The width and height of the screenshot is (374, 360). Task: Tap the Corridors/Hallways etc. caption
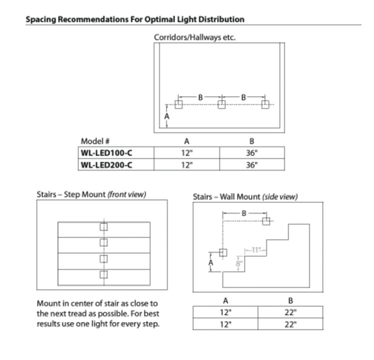click(x=194, y=37)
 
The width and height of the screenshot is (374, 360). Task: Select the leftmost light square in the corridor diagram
click(x=179, y=105)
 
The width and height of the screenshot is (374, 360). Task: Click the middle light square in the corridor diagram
click(x=222, y=105)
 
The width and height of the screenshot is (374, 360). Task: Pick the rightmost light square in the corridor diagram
click(x=265, y=105)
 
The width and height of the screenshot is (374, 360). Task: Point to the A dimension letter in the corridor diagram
click(x=166, y=116)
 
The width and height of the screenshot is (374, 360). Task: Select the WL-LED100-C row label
click(x=105, y=152)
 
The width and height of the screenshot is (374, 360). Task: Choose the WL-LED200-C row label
click(x=105, y=166)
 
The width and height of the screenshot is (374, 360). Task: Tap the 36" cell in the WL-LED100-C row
click(x=252, y=152)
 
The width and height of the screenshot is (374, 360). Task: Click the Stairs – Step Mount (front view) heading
click(x=91, y=194)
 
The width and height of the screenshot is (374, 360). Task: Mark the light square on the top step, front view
click(x=103, y=227)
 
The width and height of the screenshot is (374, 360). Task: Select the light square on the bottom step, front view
click(x=103, y=273)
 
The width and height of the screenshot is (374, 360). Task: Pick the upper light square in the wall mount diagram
click(x=265, y=220)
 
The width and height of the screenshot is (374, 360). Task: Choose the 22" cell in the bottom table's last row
click(x=290, y=324)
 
